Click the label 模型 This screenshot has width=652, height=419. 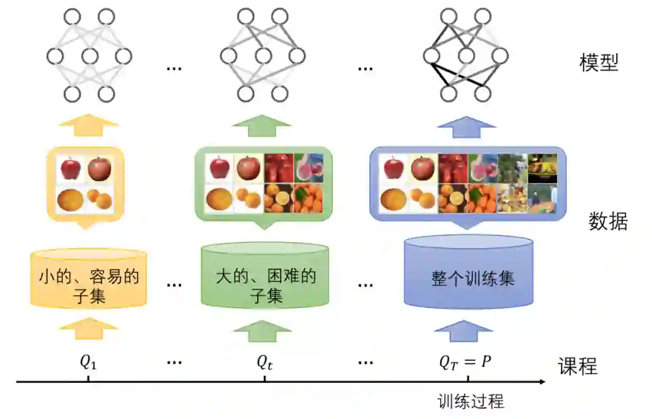(599, 63)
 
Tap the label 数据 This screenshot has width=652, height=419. (608, 222)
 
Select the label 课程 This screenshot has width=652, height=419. (577, 366)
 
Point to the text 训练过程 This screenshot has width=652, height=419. (471, 401)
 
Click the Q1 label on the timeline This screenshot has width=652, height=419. (88, 362)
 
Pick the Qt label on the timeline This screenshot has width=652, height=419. (264, 362)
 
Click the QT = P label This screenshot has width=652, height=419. (465, 363)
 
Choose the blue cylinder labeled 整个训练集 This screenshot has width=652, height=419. (468, 275)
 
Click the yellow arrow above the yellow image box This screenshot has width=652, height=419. (88, 127)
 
